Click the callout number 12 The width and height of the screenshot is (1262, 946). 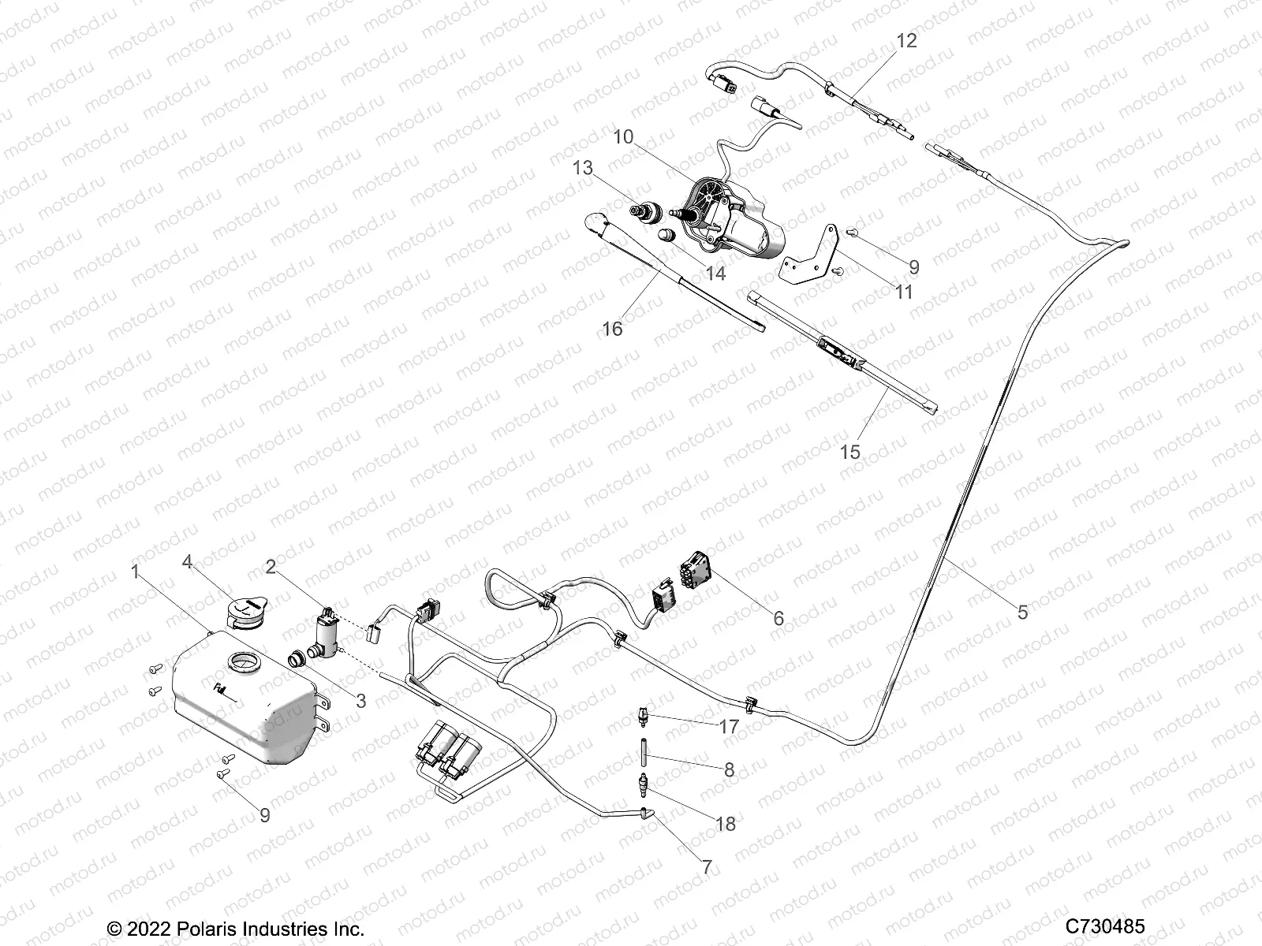[907, 41]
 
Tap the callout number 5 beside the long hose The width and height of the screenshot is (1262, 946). [1023, 612]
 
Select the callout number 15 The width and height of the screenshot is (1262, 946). [850, 453]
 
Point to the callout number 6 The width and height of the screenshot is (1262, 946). [778, 619]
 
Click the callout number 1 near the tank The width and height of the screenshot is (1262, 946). [136, 572]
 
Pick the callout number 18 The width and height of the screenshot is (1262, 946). [726, 824]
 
